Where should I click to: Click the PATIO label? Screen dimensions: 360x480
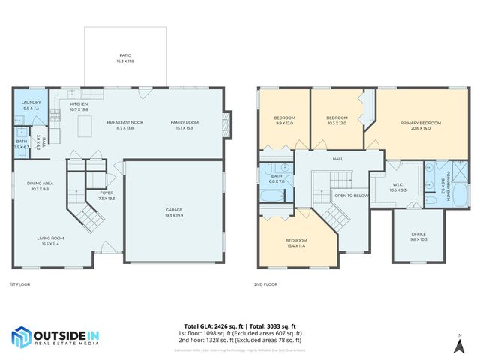[125, 55]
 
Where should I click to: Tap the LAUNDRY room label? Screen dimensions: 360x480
[31, 102]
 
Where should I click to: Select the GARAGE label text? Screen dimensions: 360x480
[174, 210]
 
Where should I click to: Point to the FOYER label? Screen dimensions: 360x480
[107, 193]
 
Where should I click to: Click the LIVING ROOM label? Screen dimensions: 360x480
[51, 239]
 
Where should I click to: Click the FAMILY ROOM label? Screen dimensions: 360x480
[184, 122]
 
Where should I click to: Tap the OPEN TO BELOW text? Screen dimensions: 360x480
[349, 195]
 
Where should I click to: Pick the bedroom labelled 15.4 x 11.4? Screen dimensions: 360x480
[297, 241]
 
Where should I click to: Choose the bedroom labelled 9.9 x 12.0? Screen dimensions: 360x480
[284, 118]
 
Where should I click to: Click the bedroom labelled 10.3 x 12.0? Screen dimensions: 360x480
[337, 118]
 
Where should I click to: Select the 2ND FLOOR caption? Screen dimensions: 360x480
[266, 284]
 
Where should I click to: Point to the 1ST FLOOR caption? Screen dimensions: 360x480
[19, 284]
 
